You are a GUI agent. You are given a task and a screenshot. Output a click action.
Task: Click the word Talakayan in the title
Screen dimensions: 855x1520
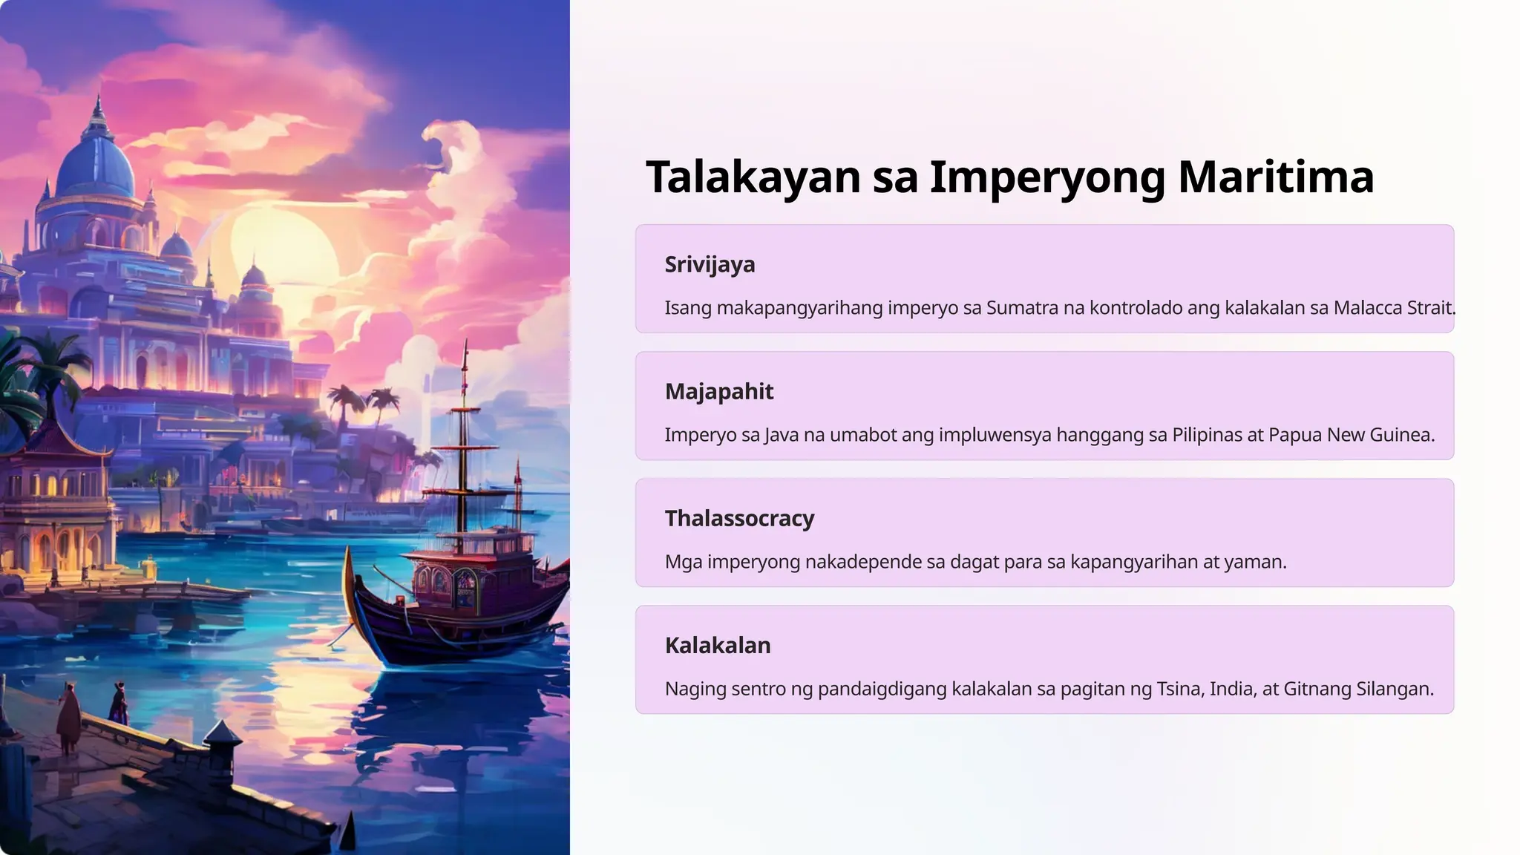(753, 177)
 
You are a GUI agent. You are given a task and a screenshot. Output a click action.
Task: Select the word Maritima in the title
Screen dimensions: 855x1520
(1275, 177)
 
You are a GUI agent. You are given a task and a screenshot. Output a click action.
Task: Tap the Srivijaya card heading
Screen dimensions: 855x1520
(710, 265)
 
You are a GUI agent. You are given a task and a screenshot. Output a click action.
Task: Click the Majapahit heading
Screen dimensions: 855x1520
(718, 392)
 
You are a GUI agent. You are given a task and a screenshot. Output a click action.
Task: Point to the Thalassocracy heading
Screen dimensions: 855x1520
(739, 519)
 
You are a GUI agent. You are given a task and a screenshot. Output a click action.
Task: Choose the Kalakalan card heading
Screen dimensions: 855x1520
(717, 646)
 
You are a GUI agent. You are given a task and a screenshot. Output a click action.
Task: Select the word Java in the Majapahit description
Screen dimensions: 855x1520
(781, 435)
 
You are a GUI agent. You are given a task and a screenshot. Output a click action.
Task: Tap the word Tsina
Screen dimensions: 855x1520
(1179, 689)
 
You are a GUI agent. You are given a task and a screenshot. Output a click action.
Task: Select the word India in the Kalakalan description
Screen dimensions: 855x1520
(1232, 689)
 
